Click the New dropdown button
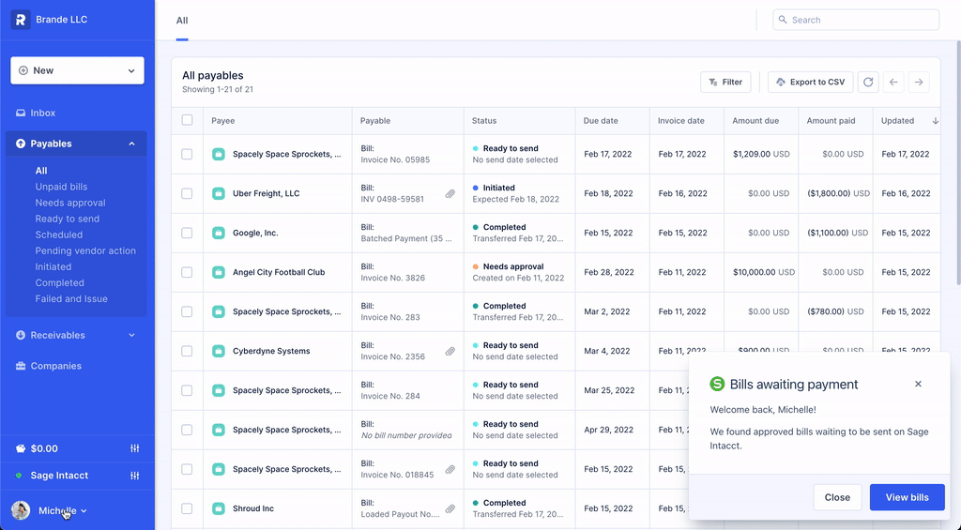(77, 70)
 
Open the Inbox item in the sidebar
(43, 113)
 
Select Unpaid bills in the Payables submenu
(61, 187)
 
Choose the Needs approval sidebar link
(70, 203)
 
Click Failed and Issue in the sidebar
(71, 298)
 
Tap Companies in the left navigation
(55, 366)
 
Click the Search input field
(856, 20)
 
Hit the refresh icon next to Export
(868, 83)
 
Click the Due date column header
(601, 121)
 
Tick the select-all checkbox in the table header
(187, 120)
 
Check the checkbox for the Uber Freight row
(187, 193)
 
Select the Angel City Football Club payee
(279, 272)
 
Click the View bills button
(907, 497)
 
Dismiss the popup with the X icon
(918, 384)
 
